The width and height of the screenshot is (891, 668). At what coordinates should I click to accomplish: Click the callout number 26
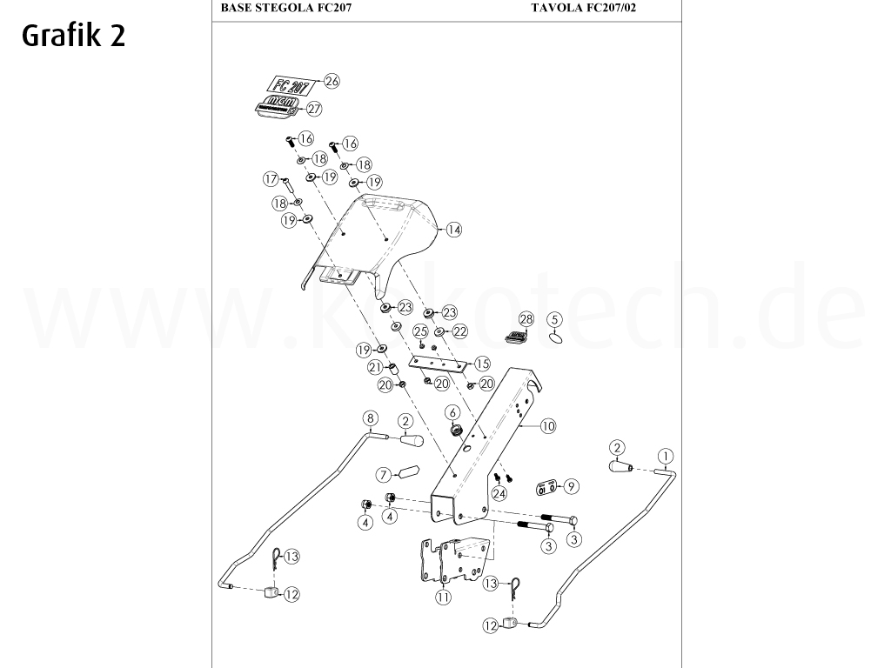[x=331, y=81]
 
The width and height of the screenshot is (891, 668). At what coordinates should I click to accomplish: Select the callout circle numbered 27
[x=314, y=110]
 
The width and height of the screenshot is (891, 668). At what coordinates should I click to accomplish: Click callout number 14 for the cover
[x=453, y=230]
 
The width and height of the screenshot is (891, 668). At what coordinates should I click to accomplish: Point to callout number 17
[x=271, y=179]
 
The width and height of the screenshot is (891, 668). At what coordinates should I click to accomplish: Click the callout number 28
[x=526, y=319]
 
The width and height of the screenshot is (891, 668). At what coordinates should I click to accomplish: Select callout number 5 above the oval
[x=555, y=320]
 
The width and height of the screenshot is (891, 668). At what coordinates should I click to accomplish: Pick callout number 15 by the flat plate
[x=481, y=364]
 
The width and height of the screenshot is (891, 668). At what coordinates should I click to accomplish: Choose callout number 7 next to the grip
[x=383, y=475]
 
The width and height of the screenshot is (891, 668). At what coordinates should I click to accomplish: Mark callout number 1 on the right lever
[x=666, y=455]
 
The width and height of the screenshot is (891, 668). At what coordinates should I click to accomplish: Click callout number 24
[x=499, y=493]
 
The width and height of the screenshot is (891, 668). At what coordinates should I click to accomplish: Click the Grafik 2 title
[x=74, y=35]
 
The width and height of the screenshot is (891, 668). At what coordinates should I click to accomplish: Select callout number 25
[x=420, y=331]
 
